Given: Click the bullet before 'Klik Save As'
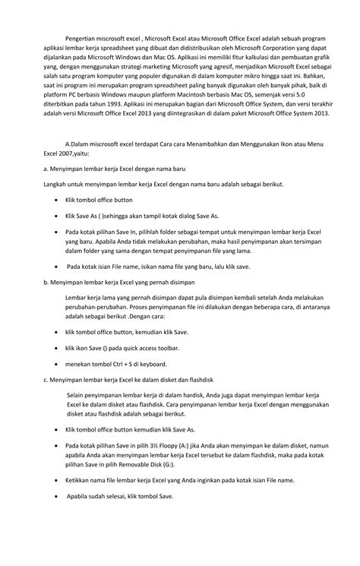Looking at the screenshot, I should (x=58, y=216).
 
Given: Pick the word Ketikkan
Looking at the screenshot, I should (x=81, y=481).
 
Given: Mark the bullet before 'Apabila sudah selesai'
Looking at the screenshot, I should (x=58, y=496).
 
